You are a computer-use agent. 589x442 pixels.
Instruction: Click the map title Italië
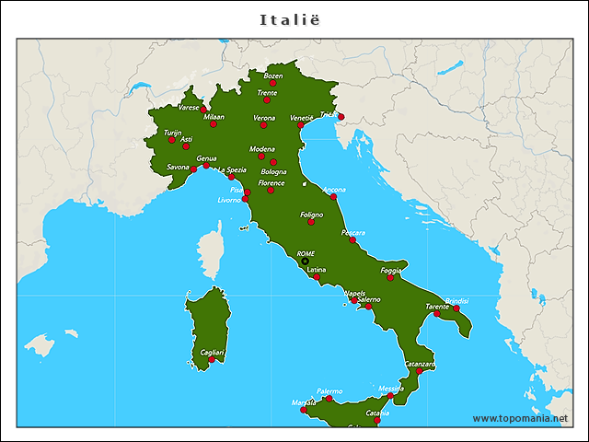point(294,18)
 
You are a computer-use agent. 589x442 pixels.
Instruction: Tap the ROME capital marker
point(306,262)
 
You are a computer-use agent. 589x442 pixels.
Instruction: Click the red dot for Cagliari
point(212,360)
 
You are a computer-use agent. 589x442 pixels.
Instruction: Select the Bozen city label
point(273,76)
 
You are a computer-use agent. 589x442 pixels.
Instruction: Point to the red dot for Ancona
point(333,197)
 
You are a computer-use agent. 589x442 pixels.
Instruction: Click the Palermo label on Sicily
point(329,391)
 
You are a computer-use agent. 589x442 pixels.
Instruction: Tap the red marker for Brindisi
point(456,308)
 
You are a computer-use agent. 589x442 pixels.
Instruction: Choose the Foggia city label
point(392,270)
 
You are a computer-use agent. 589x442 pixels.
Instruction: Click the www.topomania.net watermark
point(520,418)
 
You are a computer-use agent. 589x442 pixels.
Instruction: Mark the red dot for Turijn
point(171,141)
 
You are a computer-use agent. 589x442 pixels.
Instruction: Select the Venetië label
point(302,118)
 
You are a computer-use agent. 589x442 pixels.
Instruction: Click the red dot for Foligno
point(311,222)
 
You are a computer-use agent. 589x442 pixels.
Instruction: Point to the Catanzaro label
point(420,364)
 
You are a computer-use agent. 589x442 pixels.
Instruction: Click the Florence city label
point(271,183)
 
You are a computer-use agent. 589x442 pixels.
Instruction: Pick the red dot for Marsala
point(305,410)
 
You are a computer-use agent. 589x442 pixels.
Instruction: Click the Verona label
point(264,118)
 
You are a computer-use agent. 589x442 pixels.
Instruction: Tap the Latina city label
point(316,270)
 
